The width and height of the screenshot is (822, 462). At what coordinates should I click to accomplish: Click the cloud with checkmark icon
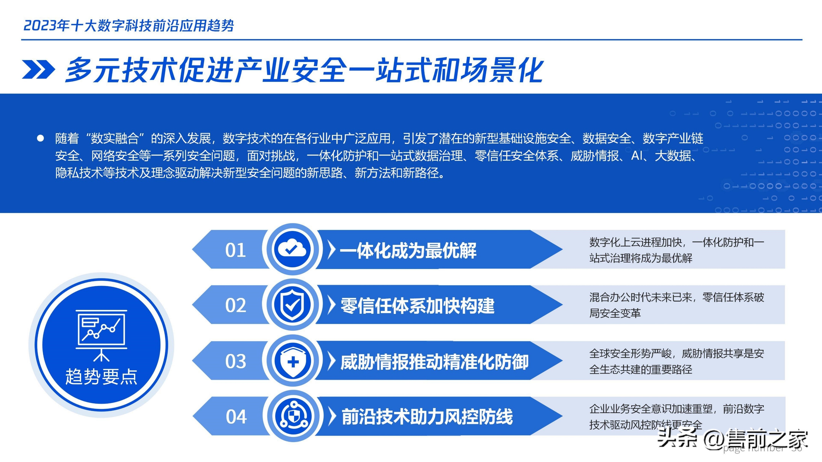[292, 249]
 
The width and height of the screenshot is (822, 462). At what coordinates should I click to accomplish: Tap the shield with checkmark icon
[292, 304]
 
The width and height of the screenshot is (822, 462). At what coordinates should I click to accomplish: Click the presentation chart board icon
[101, 335]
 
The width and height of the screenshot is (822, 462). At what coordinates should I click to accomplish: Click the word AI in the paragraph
[636, 156]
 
